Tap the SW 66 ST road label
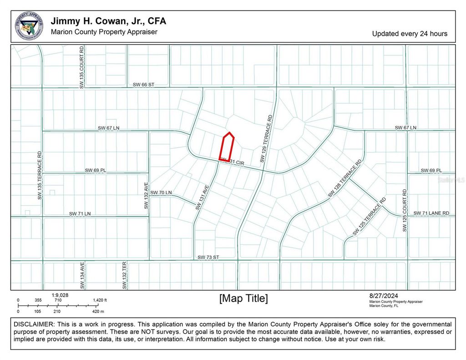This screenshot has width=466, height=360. (144, 84)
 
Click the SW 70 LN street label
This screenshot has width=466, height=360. (161, 193)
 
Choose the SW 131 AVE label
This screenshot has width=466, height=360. (202, 197)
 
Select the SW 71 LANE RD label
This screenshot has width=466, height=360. (431, 213)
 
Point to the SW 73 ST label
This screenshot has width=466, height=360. (208, 257)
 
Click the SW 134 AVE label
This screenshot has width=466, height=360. (82, 275)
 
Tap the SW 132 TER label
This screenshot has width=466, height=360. (124, 275)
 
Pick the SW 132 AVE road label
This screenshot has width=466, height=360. (146, 196)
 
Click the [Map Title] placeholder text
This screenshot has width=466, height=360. (243, 299)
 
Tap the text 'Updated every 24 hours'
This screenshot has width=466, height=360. (410, 34)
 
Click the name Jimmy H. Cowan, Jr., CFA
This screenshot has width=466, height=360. (108, 21)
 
